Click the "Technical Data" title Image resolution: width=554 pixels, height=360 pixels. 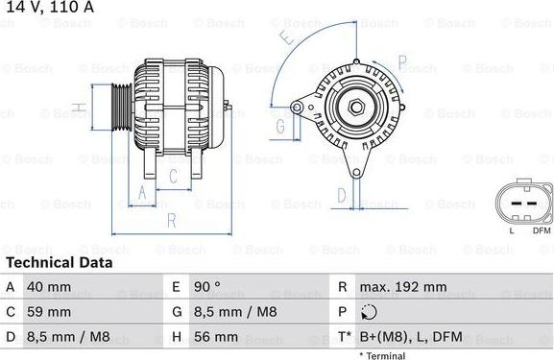click(x=59, y=262)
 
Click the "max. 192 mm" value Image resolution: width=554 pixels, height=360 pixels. click(x=402, y=287)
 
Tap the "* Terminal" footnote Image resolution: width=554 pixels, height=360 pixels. click(x=385, y=355)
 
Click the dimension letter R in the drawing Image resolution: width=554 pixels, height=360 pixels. click(x=171, y=221)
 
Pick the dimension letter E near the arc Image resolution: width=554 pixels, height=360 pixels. click(x=286, y=38)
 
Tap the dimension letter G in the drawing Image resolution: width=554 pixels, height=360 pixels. click(x=280, y=126)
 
